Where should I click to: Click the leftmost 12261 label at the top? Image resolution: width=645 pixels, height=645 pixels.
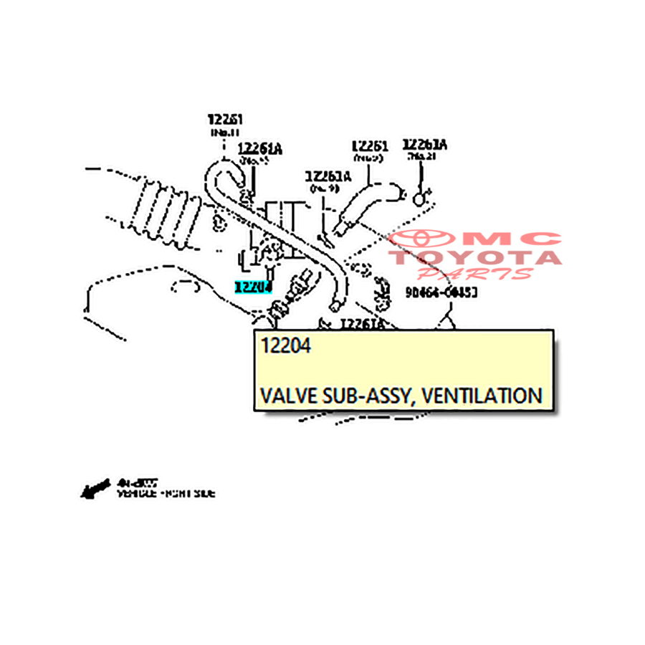click(x=225, y=119)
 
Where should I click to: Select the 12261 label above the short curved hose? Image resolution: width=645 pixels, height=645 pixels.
click(x=369, y=147)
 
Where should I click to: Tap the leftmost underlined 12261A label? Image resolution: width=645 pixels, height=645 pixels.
click(x=260, y=149)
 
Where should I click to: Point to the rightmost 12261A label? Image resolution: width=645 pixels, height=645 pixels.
click(x=424, y=145)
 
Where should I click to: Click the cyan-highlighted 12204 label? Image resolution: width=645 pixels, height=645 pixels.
click(x=254, y=287)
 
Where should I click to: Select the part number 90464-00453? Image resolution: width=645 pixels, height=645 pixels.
click(x=441, y=292)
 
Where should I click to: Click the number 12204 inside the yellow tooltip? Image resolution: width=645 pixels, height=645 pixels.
click(x=286, y=346)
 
